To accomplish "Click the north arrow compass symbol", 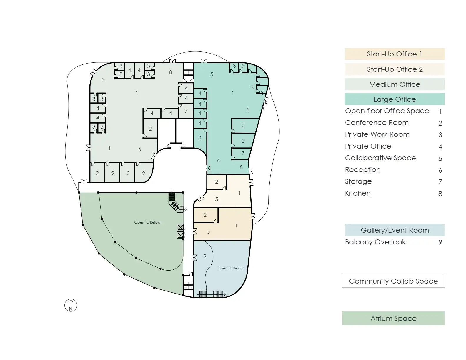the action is tap(71, 305).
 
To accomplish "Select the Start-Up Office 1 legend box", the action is tap(395, 54).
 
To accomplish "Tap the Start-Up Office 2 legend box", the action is tap(395, 69).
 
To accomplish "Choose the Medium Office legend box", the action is tap(395, 84).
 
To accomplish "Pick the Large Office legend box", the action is tap(395, 99).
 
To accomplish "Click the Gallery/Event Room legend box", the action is tap(395, 230).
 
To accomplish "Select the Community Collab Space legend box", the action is tap(393, 281).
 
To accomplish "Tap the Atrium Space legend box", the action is tap(393, 318).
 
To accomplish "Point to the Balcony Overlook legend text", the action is tap(375, 242).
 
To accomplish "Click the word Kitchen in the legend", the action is tap(358, 193).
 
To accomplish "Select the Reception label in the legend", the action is tap(363, 170).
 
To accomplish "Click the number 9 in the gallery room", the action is tap(205, 256).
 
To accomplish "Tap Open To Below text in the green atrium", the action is tap(147, 222).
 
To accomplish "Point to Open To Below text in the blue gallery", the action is tap(230, 268).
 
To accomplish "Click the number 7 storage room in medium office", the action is tap(186, 111).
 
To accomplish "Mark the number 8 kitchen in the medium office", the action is tap(170, 72).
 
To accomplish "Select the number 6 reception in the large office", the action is tap(218, 160).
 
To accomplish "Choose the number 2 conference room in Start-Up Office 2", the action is tap(217, 182).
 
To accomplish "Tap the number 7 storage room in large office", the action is tap(243, 154).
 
